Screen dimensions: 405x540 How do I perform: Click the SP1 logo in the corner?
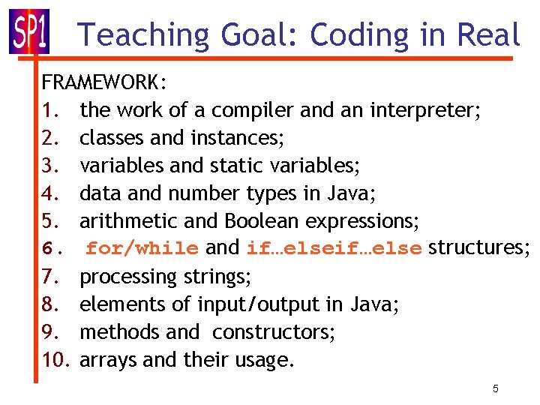(29, 31)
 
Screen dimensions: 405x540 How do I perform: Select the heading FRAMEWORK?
(104, 82)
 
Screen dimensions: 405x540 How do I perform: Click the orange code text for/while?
(142, 248)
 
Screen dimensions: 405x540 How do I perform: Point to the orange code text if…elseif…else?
(334, 248)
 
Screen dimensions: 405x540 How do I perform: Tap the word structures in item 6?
(478, 248)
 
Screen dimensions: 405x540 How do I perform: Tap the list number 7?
(49, 277)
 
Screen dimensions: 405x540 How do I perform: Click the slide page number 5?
(496, 389)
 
